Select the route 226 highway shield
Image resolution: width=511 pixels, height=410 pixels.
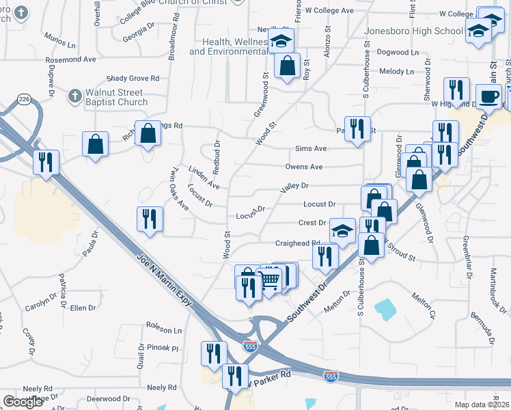coord(25,100)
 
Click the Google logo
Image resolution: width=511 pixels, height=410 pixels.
coord(23,402)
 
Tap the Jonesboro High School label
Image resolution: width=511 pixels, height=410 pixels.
coord(413,31)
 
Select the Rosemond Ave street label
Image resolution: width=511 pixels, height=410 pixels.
coord(71,59)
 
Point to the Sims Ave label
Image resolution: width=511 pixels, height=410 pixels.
coord(311,148)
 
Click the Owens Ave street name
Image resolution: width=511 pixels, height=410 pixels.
coord(304,167)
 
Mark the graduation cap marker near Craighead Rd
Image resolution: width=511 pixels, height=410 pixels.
coord(342,230)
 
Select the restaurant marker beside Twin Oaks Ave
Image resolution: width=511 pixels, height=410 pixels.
coord(150,219)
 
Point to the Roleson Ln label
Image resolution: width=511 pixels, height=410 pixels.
coord(165,329)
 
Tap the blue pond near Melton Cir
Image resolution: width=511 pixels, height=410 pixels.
coord(386,309)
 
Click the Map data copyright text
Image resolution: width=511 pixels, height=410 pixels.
coord(482,405)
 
